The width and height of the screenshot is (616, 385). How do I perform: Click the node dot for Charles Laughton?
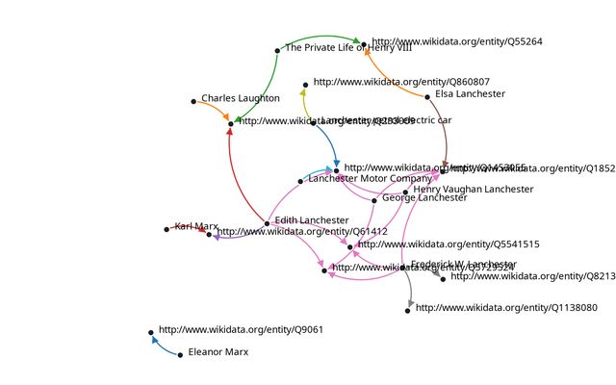click(193, 101)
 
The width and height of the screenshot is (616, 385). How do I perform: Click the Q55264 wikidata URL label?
click(456, 41)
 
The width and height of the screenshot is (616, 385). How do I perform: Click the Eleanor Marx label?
click(218, 352)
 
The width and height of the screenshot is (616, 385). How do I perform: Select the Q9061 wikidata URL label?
click(241, 329)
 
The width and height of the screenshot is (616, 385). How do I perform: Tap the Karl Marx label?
click(195, 226)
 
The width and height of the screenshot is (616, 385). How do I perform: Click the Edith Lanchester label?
click(311, 220)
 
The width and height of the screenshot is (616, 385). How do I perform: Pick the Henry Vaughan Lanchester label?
click(473, 190)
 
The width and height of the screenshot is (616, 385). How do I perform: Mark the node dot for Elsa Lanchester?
click(428, 96)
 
